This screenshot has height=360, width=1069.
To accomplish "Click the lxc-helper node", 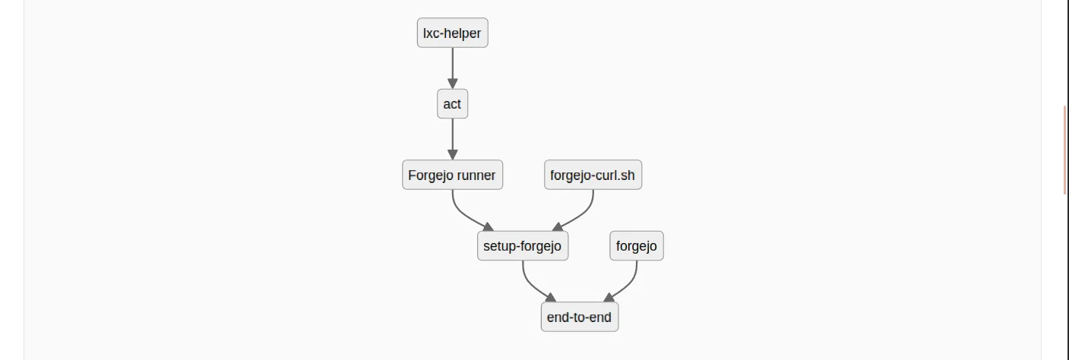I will [452, 33].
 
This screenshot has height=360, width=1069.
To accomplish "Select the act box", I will [452, 104].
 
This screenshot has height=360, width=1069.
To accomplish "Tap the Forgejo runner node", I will [452, 175].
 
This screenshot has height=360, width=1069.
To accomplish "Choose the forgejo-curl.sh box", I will [593, 175].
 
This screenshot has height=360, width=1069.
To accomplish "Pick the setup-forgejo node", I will [522, 246].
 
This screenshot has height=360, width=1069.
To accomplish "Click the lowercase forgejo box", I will [636, 246].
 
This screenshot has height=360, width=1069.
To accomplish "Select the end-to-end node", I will [579, 317].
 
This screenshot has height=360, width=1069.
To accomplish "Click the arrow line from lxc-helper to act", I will [452, 65].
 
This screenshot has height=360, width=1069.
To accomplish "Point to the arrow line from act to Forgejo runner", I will [452, 135].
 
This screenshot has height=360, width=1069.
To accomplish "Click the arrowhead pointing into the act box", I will [452, 84].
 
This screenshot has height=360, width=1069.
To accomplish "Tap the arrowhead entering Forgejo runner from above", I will [452, 155].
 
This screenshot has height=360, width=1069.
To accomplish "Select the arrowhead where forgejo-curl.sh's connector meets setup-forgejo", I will [557, 226].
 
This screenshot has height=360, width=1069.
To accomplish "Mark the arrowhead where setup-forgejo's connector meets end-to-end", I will [551, 298].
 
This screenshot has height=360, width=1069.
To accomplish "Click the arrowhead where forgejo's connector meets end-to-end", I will [608, 298].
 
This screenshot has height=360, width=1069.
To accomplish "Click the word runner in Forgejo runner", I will [476, 175].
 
